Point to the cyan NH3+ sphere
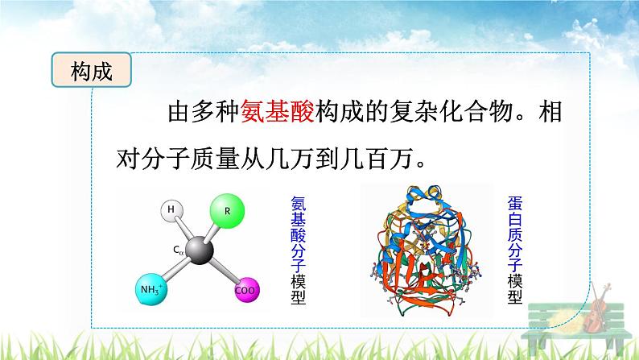[153, 288]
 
